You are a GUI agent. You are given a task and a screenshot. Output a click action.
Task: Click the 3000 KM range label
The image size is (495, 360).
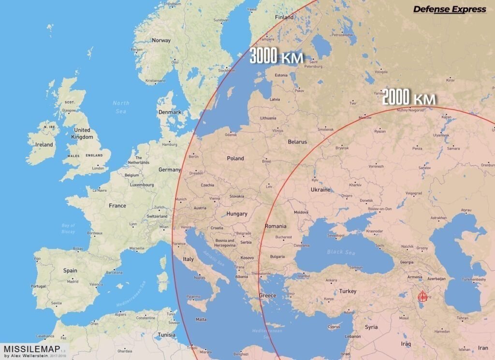point(277,57)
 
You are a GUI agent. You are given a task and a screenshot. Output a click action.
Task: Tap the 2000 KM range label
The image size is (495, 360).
point(409,99)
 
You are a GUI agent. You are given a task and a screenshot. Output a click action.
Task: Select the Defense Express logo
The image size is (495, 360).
point(450,9)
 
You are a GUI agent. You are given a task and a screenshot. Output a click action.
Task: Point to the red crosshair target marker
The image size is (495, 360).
point(423,296)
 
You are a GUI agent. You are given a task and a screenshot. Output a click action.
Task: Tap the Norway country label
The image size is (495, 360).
point(161,40)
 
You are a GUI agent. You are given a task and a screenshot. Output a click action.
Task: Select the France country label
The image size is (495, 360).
point(117,205)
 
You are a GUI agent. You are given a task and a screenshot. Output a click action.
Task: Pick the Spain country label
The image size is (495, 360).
point(70,271)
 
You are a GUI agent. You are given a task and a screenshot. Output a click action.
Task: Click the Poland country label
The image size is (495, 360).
point(235,158)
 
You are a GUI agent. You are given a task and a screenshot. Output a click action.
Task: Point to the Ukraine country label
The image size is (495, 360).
point(320,189)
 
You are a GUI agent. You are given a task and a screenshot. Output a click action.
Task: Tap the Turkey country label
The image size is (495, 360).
point(348,291)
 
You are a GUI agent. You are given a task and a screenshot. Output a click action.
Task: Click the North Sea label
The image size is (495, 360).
point(121,107)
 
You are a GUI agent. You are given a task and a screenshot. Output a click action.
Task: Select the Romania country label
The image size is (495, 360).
point(276,226)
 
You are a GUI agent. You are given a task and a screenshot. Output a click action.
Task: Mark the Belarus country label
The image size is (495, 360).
point(297,142)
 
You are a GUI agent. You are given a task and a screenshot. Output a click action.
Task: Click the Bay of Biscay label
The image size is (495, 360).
point(69,228)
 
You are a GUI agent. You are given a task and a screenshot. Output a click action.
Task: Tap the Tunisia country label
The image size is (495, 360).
point(167,335)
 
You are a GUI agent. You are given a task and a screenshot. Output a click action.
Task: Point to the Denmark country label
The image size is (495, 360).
point(170,112)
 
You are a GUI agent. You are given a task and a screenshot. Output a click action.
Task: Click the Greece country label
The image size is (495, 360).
point(267,295)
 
